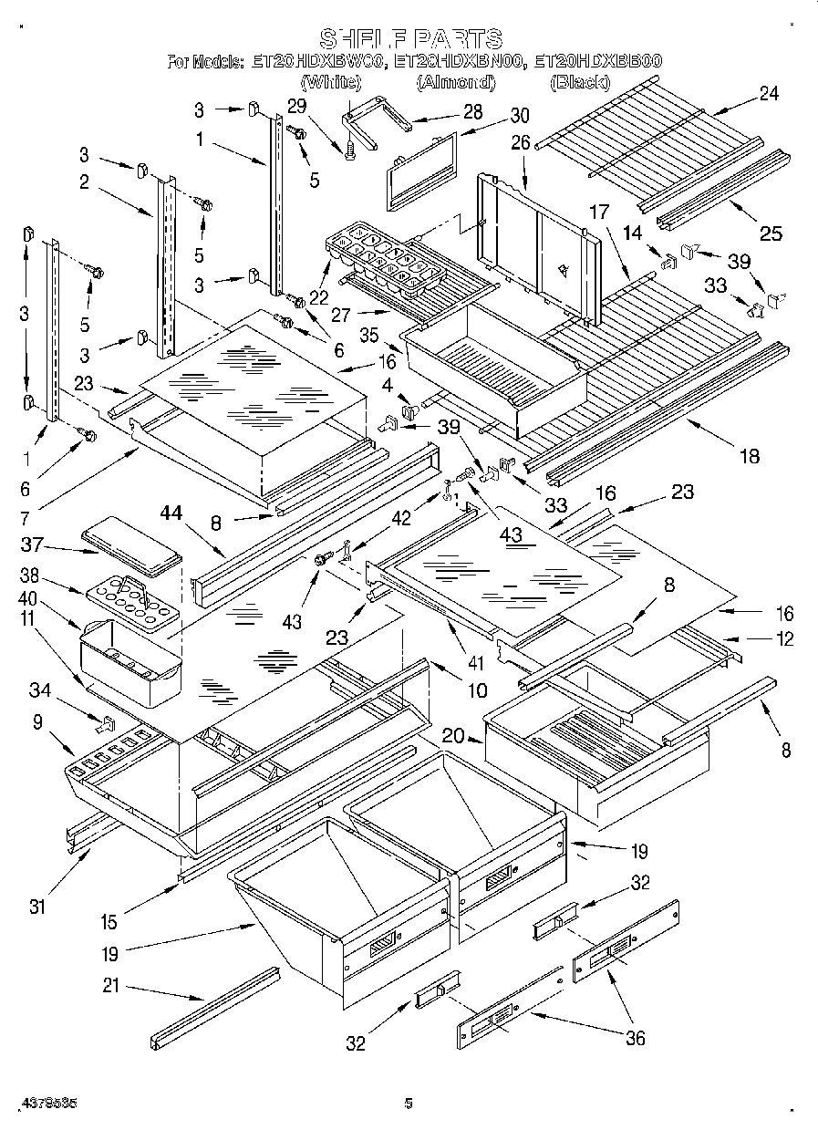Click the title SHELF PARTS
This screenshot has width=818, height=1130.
[410, 38]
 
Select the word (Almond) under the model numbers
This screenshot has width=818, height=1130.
[456, 83]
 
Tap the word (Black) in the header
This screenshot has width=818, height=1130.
[579, 83]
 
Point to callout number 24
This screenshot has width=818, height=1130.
[769, 92]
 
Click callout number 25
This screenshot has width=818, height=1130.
[771, 233]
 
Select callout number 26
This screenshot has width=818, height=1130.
[520, 142]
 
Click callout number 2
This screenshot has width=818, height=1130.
[83, 181]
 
